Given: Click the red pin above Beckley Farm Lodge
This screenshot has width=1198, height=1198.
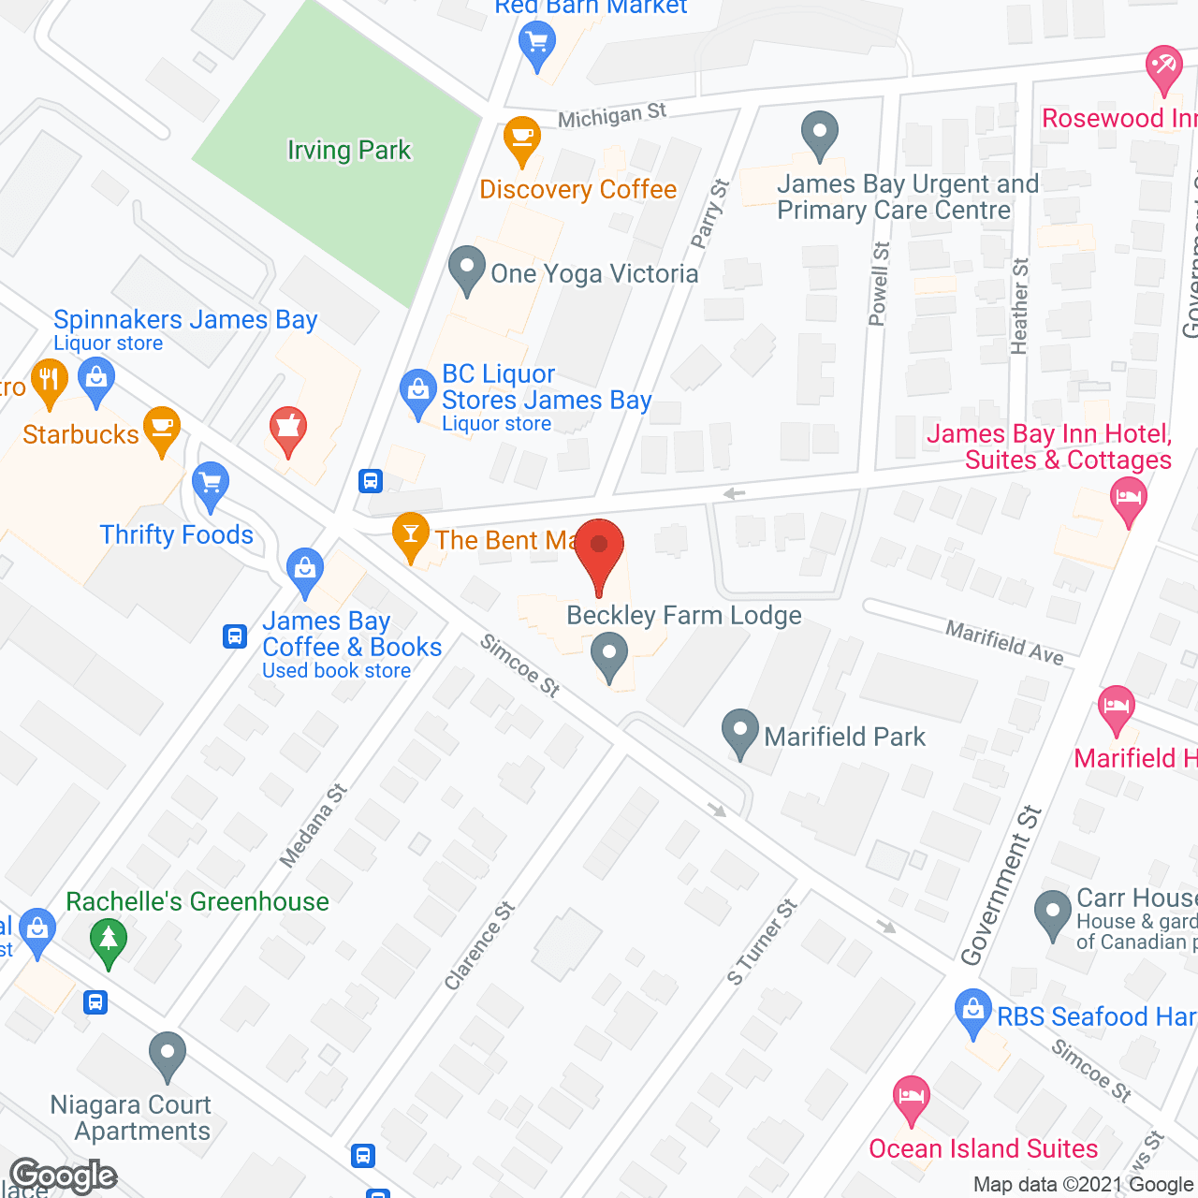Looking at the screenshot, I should pyautogui.click(x=599, y=548).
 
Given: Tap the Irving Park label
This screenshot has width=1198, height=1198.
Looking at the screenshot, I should pyautogui.click(x=348, y=150).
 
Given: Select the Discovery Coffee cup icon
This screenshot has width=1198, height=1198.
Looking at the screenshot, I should pyautogui.click(x=521, y=139).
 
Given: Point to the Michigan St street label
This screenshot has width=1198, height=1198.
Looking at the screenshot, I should pyautogui.click(x=612, y=116).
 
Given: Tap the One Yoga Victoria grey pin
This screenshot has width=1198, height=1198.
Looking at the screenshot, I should pyautogui.click(x=466, y=270).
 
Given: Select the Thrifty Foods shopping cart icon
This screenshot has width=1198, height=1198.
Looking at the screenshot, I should pyautogui.click(x=211, y=484).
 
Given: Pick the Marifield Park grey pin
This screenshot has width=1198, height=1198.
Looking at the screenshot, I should pyautogui.click(x=740, y=731).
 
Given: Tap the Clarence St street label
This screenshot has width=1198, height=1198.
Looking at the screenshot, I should pyautogui.click(x=480, y=945).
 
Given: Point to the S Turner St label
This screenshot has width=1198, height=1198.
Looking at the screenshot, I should pyautogui.click(x=763, y=942).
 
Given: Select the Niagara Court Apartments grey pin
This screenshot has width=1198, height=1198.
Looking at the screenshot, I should pyautogui.click(x=168, y=1054).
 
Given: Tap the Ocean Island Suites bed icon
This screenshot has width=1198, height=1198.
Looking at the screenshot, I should pyautogui.click(x=911, y=1097).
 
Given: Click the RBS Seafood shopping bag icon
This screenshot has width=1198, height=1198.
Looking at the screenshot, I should pyautogui.click(x=972, y=1012).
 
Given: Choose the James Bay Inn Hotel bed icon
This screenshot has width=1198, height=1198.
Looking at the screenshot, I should pyautogui.click(x=1128, y=497).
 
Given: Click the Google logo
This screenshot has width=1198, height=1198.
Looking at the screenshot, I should pyautogui.click(x=64, y=1176).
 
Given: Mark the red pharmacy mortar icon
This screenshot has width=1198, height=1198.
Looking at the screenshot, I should pyautogui.click(x=288, y=430).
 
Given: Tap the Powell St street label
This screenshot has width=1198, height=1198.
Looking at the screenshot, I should pyautogui.click(x=879, y=284).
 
